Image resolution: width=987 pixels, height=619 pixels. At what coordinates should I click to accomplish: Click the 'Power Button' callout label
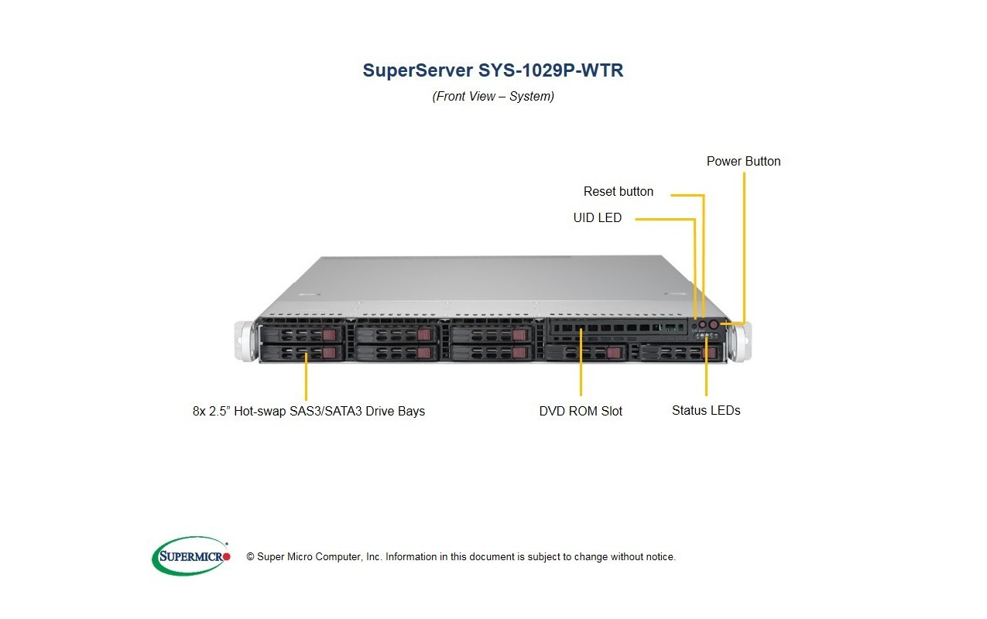743,161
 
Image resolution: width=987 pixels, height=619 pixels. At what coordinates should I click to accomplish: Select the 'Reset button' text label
619,192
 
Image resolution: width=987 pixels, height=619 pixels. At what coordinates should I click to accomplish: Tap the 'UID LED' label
597,217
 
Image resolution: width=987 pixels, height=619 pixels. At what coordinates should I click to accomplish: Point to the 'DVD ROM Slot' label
581,411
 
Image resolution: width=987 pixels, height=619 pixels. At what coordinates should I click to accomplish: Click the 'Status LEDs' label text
706,411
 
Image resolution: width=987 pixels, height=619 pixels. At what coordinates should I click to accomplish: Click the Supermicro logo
190,556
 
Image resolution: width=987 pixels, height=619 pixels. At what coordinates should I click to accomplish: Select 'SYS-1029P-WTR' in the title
550,70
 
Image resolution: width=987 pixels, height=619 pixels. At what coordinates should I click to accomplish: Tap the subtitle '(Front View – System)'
493,96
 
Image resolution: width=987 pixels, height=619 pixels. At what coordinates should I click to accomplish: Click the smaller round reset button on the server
703,325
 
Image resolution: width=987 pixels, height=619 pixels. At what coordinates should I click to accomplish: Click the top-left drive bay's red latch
330,334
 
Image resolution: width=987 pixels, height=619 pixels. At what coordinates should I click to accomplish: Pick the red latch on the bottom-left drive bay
330,353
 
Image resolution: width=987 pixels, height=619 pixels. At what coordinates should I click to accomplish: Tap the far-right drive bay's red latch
711,353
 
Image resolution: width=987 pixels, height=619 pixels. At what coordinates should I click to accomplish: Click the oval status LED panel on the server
707,336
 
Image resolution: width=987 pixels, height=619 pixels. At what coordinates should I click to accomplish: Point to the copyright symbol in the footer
250,557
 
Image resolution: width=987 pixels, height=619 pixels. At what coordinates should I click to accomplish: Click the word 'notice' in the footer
660,557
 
